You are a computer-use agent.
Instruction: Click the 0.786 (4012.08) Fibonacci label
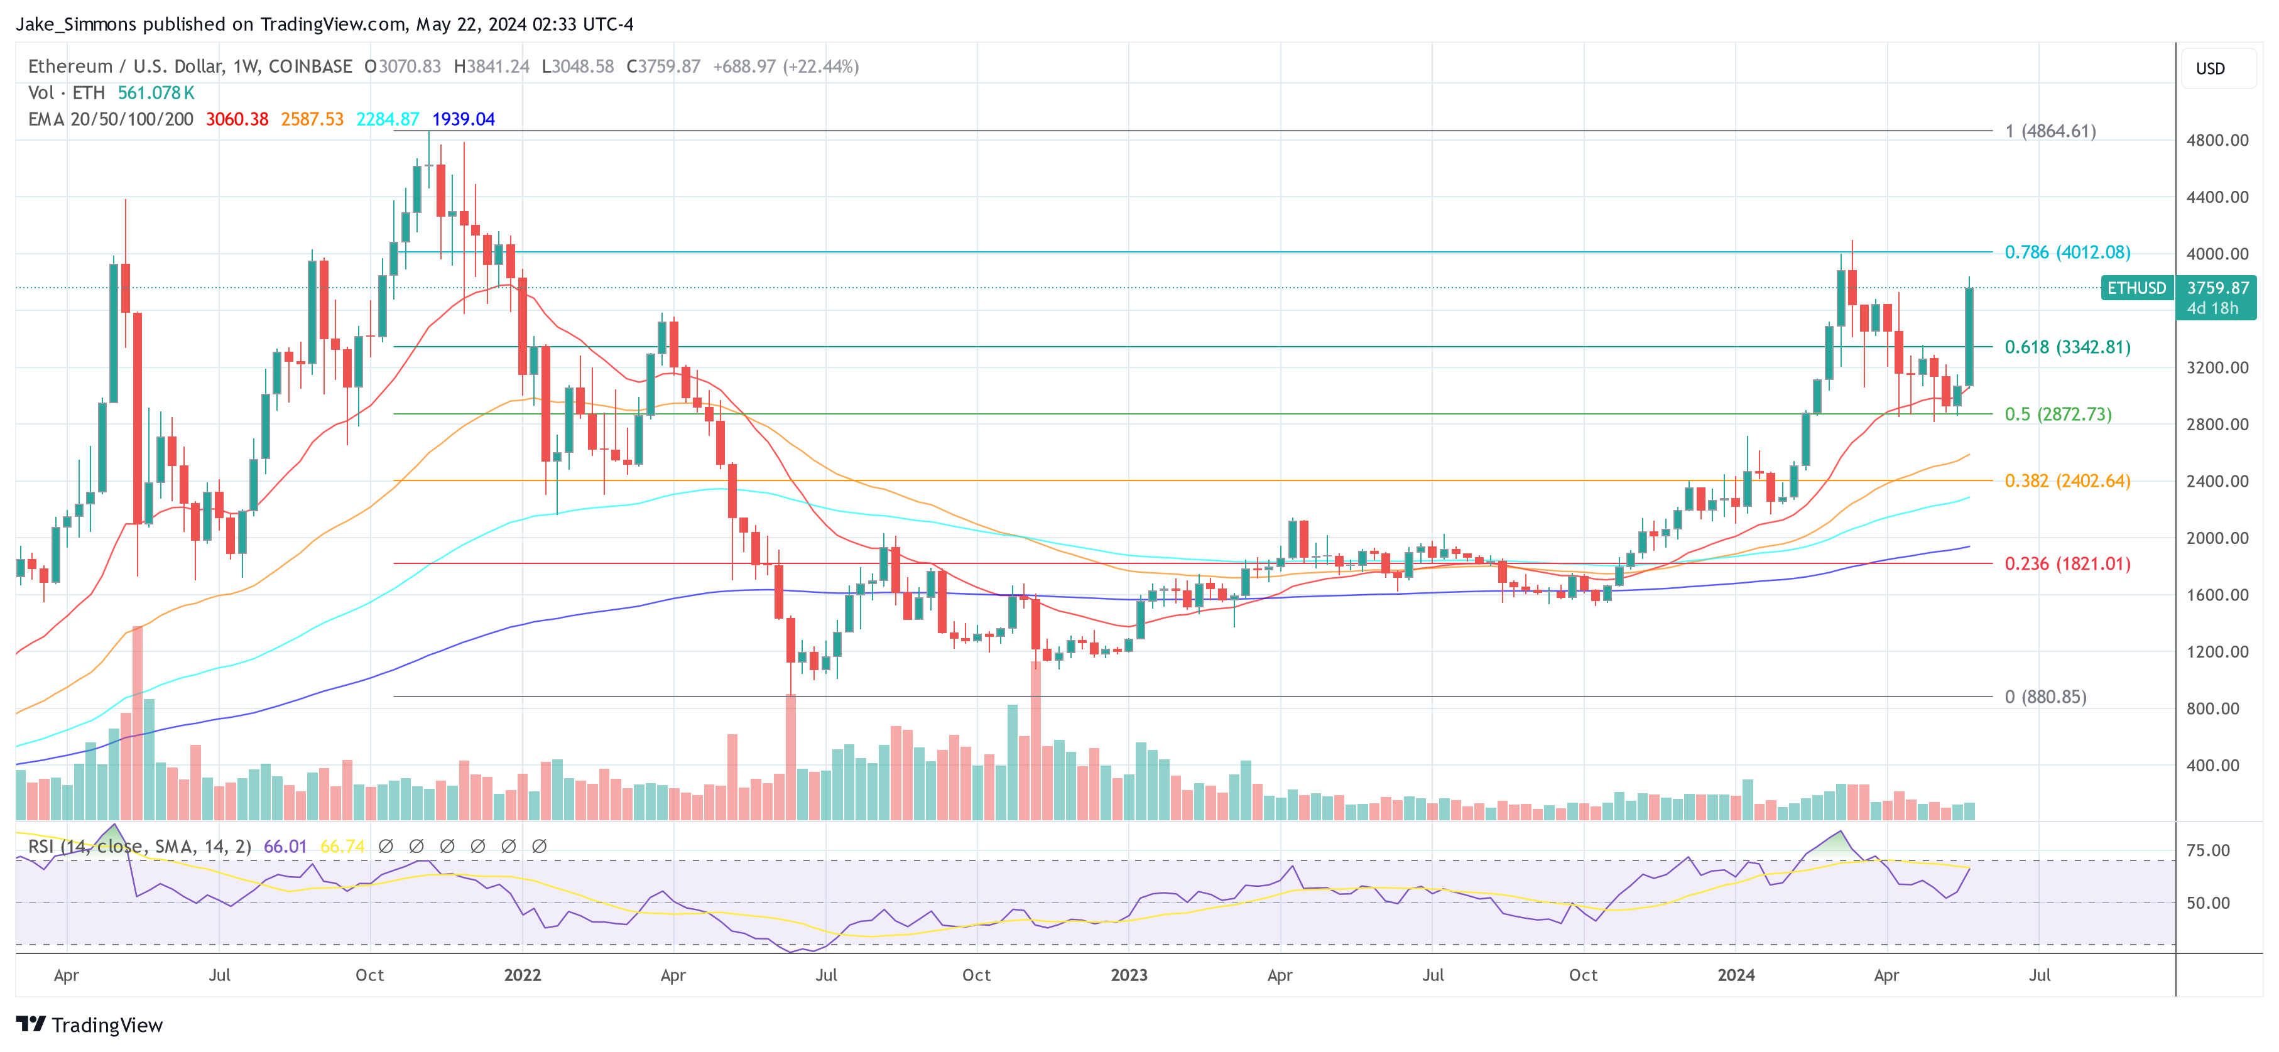click(x=2067, y=252)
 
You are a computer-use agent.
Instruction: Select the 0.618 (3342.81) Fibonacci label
click(x=2067, y=347)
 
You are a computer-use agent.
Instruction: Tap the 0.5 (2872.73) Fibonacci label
click(x=2057, y=414)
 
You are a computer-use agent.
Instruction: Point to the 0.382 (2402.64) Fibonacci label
click(x=2067, y=480)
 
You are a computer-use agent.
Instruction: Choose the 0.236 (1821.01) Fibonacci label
click(x=2067, y=563)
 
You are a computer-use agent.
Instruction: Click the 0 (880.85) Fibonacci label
click(x=2045, y=697)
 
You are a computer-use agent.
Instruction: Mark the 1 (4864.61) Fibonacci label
click(x=2050, y=131)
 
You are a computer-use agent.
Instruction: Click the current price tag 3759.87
click(x=2217, y=288)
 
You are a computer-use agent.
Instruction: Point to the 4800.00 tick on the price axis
click(x=2216, y=140)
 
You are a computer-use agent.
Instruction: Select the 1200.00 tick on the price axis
click(x=2216, y=651)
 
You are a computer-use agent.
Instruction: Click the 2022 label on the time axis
click(x=522, y=975)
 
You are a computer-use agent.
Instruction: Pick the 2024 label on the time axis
click(x=1736, y=975)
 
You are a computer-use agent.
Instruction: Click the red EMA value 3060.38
click(x=237, y=119)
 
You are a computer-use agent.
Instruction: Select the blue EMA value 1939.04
click(x=464, y=119)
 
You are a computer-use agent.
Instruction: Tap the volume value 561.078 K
click(x=156, y=93)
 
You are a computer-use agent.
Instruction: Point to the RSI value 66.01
click(x=285, y=847)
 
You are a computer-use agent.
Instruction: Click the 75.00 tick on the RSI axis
click(x=2207, y=850)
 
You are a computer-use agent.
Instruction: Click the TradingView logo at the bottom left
click(x=89, y=1024)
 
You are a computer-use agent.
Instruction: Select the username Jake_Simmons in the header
click(x=76, y=24)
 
